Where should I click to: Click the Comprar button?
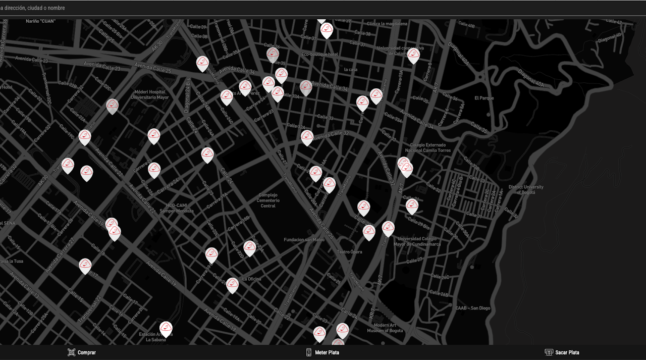coord(82,352)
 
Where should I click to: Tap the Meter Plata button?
coord(322,352)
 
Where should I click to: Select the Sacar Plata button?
coord(562,352)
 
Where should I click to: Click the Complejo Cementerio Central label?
coord(268,200)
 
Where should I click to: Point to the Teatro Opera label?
coord(350,252)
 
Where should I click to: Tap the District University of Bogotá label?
coord(526,190)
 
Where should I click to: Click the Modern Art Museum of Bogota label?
coord(385,328)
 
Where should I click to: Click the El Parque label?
coord(484,98)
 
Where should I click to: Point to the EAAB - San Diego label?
coord(472,308)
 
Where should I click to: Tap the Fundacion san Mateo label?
coord(304,240)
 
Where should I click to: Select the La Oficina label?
coord(251,279)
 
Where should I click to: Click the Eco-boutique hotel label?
coord(319,54)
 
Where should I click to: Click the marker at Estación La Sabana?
coord(166,329)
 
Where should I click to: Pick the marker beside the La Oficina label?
coord(232,285)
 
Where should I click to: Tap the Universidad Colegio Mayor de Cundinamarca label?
coord(418,241)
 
